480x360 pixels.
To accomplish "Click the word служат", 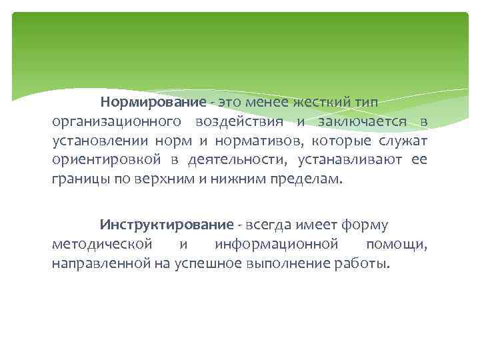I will tap(403, 141).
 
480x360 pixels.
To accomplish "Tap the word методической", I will tap(102, 245).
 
